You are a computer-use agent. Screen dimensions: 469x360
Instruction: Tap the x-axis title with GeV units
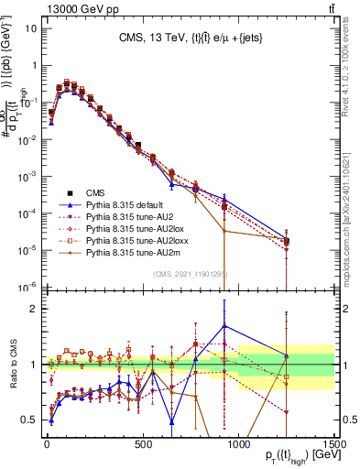pyautogui.click(x=290, y=457)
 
